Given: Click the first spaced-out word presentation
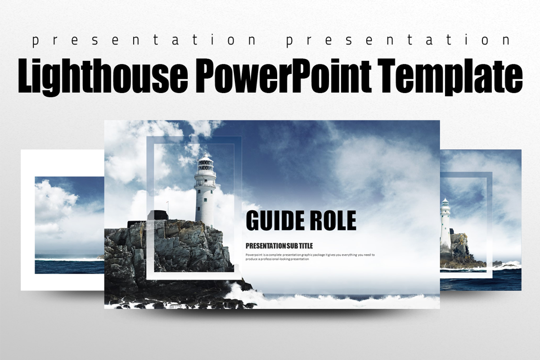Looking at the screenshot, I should [x=144, y=40].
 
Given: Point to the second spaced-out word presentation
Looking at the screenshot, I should [x=398, y=40].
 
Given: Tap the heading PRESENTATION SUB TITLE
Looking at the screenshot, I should [x=279, y=246].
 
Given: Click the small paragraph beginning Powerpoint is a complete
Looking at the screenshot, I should [x=310, y=257].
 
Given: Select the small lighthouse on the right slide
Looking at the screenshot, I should [x=445, y=225].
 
